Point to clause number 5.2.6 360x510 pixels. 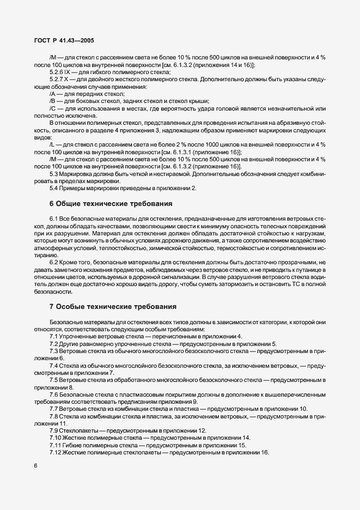point(56,72)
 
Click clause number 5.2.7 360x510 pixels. point(56,80)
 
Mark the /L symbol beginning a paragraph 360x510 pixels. point(52,144)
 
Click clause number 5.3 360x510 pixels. point(54,173)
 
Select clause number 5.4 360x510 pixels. point(54,187)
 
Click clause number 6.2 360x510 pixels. point(54,262)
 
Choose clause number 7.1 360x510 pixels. point(54,337)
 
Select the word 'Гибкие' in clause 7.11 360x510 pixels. point(82,445)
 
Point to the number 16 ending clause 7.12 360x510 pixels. point(265,452)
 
